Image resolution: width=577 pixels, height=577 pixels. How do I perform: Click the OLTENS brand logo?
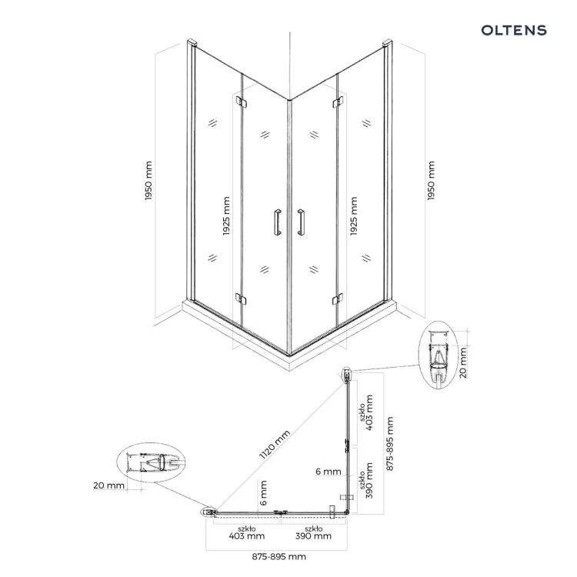coord(514,30)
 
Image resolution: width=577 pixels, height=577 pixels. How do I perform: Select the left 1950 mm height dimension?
coord(148,180)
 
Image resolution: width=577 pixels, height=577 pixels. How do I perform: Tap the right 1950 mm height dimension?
coord(431,180)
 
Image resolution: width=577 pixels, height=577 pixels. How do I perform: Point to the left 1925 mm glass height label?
coord(226,216)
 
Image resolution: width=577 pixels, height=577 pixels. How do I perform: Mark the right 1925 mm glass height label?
coord(353,216)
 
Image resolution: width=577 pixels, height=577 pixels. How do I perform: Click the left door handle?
coord(278,222)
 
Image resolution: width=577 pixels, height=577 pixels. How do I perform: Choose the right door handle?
coord(301,222)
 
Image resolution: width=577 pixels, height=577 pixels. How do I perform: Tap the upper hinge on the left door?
coord(241,102)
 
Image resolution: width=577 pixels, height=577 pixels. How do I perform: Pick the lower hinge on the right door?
coord(338,299)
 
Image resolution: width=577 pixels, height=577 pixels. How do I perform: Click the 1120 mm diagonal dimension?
coord(275,445)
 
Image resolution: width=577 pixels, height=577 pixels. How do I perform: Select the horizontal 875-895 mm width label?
coord(279,556)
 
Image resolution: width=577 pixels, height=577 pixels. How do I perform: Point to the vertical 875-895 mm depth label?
coord(390,443)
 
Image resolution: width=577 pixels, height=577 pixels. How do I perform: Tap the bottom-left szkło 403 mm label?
coord(246,533)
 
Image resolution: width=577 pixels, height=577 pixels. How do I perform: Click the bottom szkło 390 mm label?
coord(314,533)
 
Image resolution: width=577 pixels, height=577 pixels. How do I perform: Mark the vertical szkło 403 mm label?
coord(366,412)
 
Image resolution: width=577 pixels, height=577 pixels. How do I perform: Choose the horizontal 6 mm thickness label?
coord(329,472)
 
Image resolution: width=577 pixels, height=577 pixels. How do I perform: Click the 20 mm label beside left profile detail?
coord(108,485)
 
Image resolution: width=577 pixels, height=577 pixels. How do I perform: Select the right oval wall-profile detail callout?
coord(439,355)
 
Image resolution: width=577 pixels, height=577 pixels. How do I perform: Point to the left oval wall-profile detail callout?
coord(151,462)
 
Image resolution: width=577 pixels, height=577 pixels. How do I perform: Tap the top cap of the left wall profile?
coord(192,42)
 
